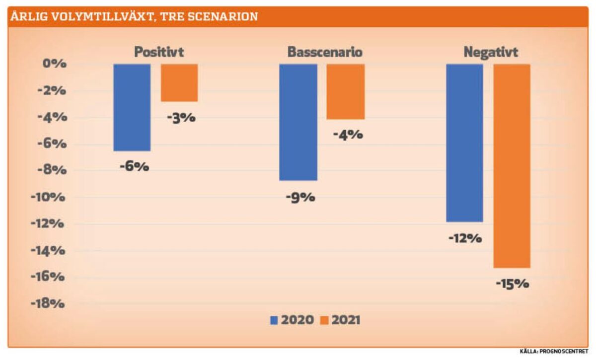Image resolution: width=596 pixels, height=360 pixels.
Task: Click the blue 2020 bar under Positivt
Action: tap(132, 107)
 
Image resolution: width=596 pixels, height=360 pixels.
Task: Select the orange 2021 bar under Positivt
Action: tap(179, 83)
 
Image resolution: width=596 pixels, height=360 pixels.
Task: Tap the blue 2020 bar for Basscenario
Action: tap(298, 122)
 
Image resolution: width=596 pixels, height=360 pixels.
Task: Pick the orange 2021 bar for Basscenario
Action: tap(346, 92)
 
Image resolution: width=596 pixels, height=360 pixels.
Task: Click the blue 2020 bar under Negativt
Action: tap(464, 143)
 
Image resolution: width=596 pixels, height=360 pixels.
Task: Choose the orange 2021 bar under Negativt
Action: tap(512, 166)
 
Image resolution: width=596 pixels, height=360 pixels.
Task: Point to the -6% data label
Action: tap(135, 167)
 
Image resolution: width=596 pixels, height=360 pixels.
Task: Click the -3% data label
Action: tap(181, 118)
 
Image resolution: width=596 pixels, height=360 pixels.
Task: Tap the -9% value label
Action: tap(300, 198)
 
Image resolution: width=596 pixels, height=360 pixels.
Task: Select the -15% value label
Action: tap(513, 284)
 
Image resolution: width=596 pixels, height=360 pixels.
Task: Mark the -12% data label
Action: tap(465, 238)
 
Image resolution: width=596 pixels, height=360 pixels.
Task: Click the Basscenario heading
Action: tap(325, 52)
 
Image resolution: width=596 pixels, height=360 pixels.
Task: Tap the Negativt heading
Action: tap(491, 52)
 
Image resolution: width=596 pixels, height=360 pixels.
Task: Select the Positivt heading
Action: tap(159, 52)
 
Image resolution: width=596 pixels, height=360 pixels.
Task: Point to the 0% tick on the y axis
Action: tap(55, 64)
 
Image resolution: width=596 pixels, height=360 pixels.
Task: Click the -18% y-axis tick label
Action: tap(48, 303)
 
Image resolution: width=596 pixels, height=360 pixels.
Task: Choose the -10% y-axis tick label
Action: tap(48, 198)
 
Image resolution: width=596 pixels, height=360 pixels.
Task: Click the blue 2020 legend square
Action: tap(274, 320)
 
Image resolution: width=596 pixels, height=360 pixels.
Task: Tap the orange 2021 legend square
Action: tap(324, 320)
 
